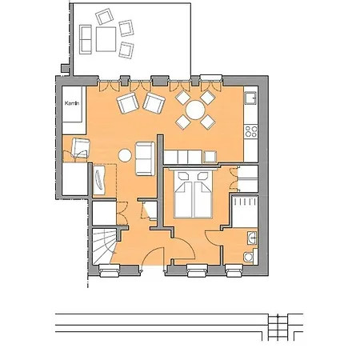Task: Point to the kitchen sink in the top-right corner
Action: (250, 99)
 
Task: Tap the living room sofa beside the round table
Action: (145, 158)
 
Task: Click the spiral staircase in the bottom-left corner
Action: (105, 243)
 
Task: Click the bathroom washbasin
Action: (251, 238)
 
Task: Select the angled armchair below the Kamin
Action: (82, 146)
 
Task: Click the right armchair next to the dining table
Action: (152, 102)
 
